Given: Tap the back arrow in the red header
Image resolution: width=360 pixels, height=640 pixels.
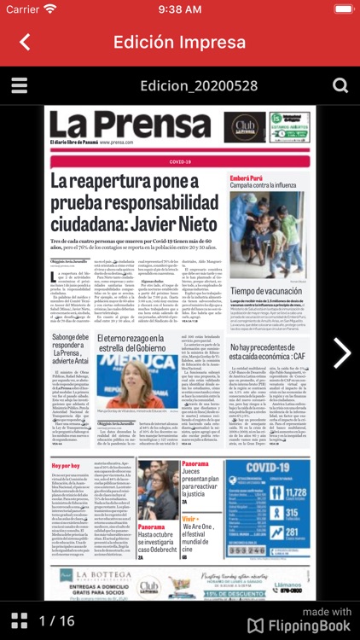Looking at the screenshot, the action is [x=25, y=42].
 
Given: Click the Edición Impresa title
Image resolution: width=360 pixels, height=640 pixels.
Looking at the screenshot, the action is [x=180, y=42].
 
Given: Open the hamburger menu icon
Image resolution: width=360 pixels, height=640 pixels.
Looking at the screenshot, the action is [x=19, y=86].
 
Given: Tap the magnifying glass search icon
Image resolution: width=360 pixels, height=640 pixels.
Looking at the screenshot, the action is [x=340, y=86].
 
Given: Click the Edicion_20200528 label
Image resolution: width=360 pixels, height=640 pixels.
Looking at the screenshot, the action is [x=179, y=86].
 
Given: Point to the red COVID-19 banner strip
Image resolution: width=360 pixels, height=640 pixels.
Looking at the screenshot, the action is [x=180, y=160].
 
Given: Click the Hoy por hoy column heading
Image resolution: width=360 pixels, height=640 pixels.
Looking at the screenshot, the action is [x=65, y=466].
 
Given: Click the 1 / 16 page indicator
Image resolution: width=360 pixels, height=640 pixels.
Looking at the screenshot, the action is [x=57, y=621].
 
